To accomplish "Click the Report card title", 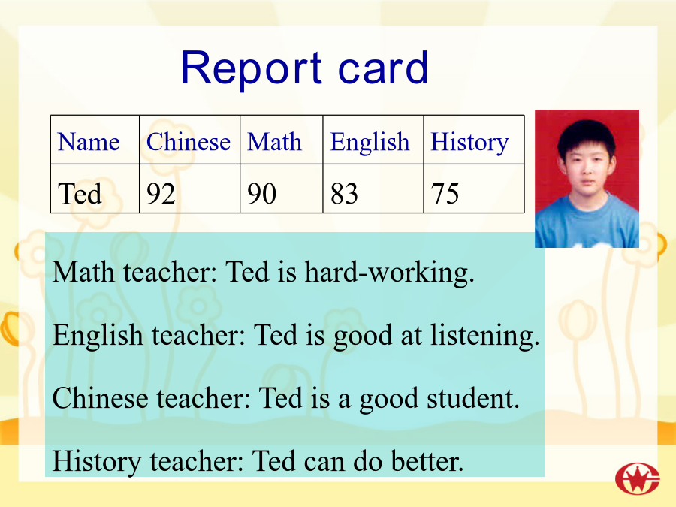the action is tap(304, 68).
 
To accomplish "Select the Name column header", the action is tap(89, 142).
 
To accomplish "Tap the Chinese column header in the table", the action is tap(189, 141).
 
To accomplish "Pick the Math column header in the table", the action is tap(274, 141).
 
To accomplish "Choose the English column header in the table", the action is tap(370, 142).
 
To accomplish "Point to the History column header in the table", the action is tap(469, 142).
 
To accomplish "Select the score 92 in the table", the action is tap(161, 193).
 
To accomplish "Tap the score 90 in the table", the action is tap(261, 193).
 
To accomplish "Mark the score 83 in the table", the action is tap(344, 193).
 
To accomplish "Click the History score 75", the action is tap(445, 193).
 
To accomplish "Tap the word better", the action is tap(427, 461).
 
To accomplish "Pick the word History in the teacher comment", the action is tap(97, 462).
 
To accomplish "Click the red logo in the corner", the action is tap(638, 479).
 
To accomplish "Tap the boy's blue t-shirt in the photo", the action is tap(587, 223).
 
